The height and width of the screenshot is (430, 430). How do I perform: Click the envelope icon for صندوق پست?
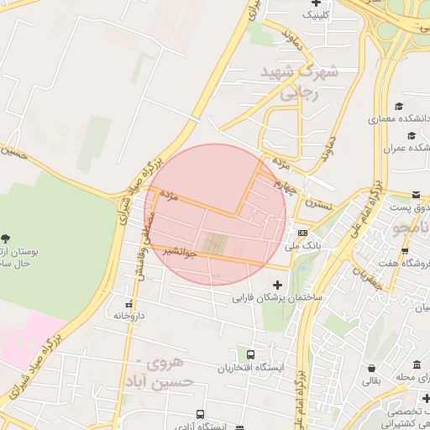click(x=417, y=194)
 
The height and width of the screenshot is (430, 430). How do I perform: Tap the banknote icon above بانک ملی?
click(x=302, y=233)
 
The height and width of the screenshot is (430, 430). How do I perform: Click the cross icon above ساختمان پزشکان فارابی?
click(x=278, y=286)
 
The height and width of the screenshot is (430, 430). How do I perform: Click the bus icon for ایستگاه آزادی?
click(x=200, y=414)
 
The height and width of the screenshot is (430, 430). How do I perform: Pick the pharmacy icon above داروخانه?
click(x=128, y=304)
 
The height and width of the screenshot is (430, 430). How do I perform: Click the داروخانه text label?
click(x=128, y=316)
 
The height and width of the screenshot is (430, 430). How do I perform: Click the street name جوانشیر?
click(x=181, y=250)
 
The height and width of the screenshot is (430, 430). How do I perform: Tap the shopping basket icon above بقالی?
click(x=371, y=368)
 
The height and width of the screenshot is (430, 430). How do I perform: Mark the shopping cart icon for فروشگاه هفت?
click(x=405, y=251)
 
